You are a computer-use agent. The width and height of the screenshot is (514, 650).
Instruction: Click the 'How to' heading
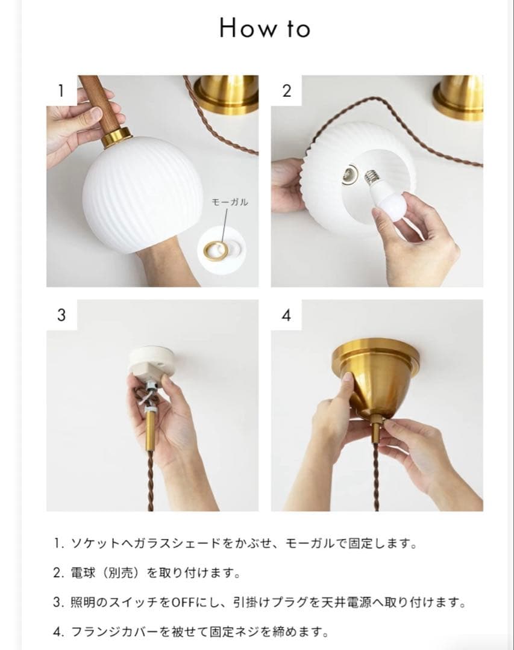[265, 28]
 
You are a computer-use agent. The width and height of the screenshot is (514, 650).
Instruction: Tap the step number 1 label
[61, 90]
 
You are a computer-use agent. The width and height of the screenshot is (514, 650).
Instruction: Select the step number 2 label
[286, 90]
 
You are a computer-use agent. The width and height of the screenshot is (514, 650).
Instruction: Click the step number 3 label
[61, 315]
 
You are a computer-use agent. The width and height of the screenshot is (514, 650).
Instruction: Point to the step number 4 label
[286, 315]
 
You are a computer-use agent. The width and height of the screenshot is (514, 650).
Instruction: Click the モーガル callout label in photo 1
[230, 203]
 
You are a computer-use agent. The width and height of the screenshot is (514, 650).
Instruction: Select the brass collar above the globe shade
[116, 138]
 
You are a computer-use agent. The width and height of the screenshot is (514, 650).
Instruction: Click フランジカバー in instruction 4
[108, 632]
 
